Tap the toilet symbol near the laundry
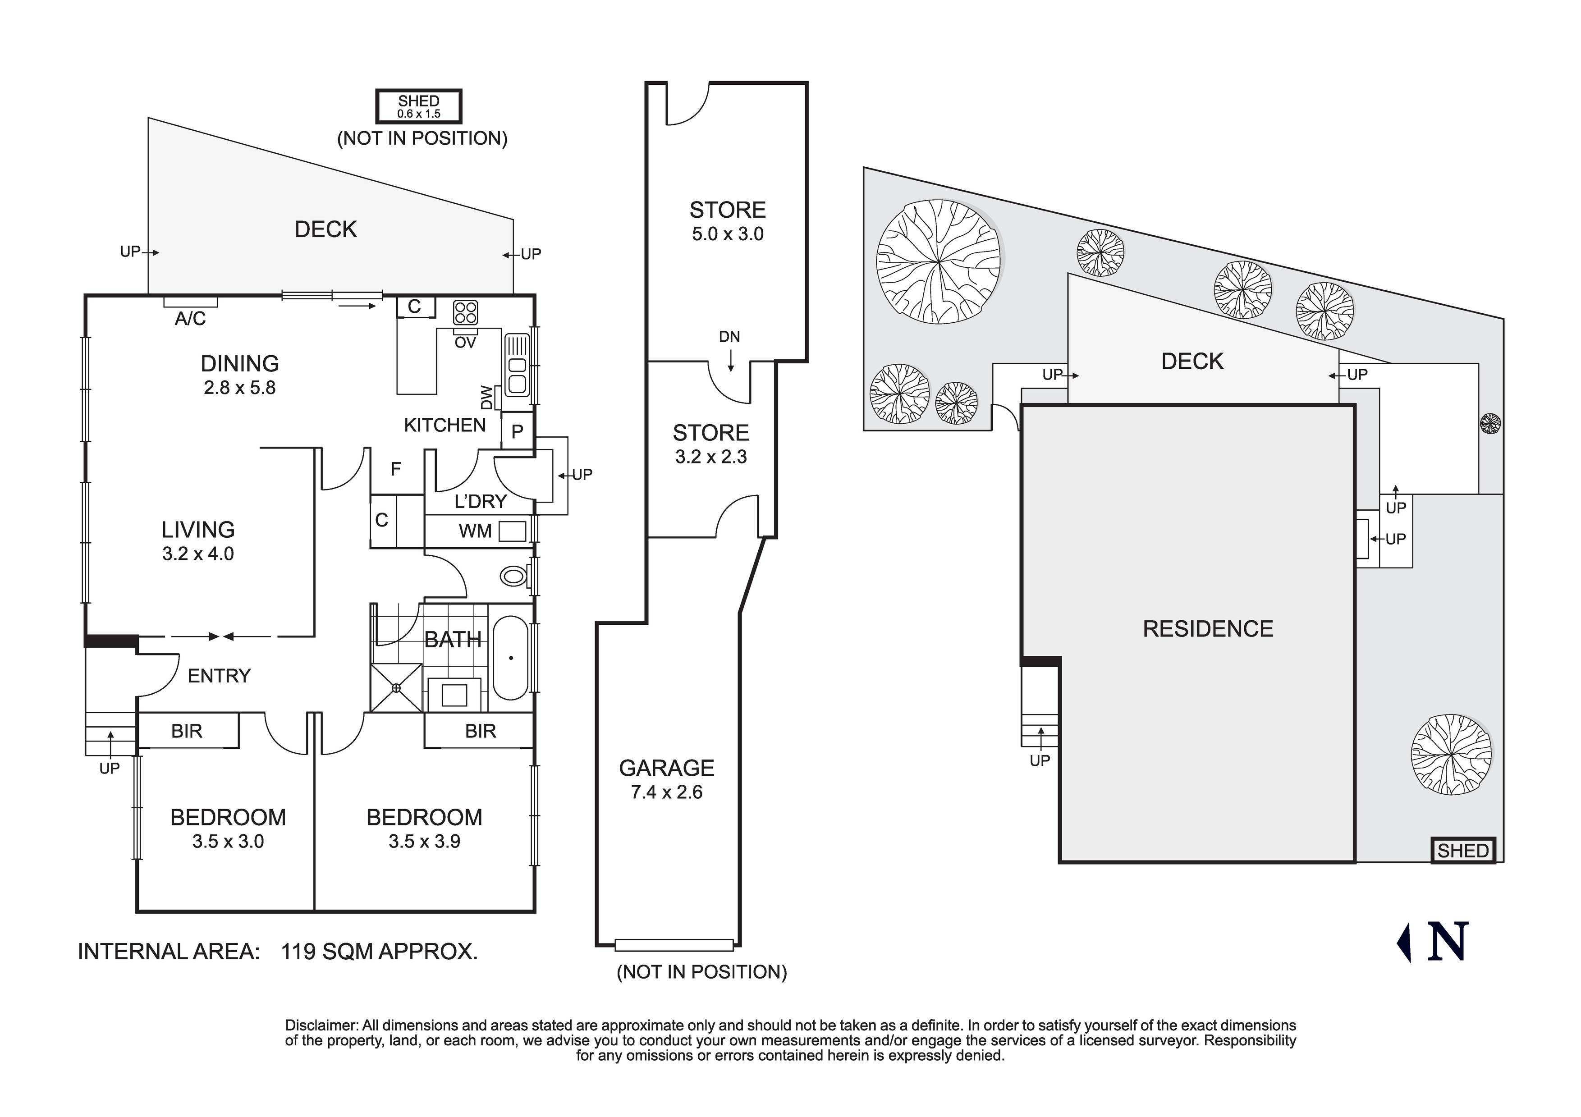[x=513, y=576]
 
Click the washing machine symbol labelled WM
[x=512, y=531]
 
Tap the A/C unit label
[x=190, y=318]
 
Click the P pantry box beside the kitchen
[x=517, y=431]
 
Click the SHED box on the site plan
[x=1462, y=851]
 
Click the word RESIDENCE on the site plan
[x=1208, y=629]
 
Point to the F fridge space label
[x=396, y=469]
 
